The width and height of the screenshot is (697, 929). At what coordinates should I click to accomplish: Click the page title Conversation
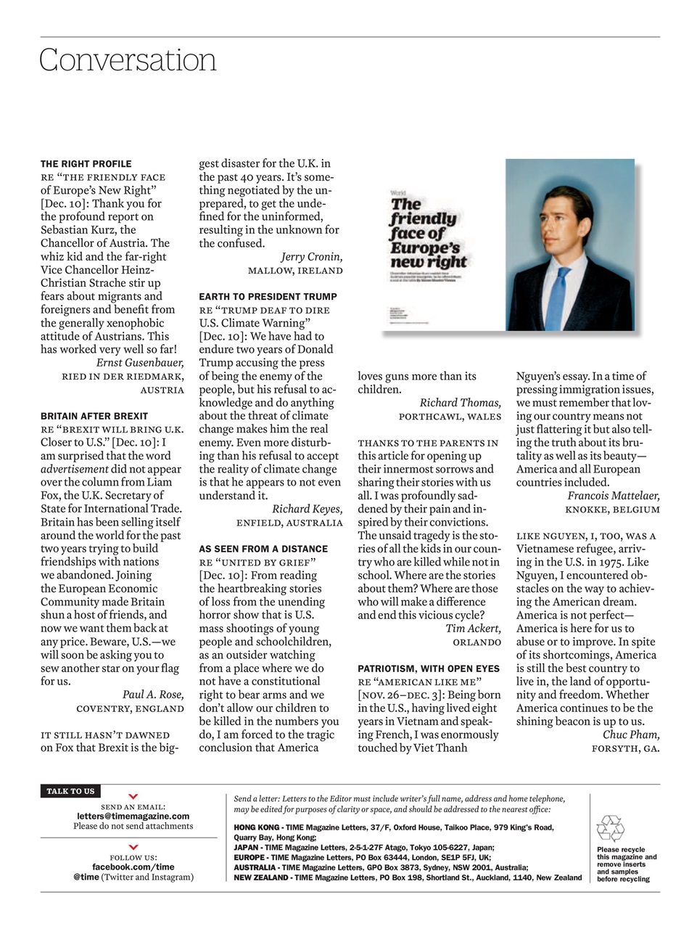click(x=128, y=60)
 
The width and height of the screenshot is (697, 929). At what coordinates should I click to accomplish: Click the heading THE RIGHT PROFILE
click(x=86, y=164)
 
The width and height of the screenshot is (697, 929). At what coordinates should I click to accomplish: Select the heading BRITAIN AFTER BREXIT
click(x=95, y=417)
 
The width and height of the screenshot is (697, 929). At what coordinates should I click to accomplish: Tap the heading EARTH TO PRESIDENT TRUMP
click(x=268, y=297)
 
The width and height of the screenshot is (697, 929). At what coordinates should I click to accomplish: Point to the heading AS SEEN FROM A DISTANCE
click(x=263, y=549)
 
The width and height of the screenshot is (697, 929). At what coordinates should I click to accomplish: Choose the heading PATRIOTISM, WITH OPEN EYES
click(x=428, y=668)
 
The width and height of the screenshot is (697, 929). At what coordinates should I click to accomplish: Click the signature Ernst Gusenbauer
click(x=140, y=363)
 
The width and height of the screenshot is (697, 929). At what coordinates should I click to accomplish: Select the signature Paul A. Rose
click(x=153, y=695)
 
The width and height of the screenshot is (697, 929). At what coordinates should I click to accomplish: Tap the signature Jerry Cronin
click(x=312, y=257)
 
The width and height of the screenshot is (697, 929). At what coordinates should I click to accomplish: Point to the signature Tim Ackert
click(x=473, y=629)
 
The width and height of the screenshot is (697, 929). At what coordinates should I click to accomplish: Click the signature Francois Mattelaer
click(x=614, y=496)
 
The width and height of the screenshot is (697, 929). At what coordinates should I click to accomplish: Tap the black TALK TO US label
click(x=70, y=791)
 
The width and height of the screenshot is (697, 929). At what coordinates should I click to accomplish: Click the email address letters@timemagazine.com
click(x=133, y=816)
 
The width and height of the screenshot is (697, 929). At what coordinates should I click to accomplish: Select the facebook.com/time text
click(x=133, y=867)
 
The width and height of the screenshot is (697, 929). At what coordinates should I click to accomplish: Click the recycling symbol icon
click(x=610, y=829)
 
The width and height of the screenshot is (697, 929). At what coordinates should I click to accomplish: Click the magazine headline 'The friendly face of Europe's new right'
click(x=428, y=233)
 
